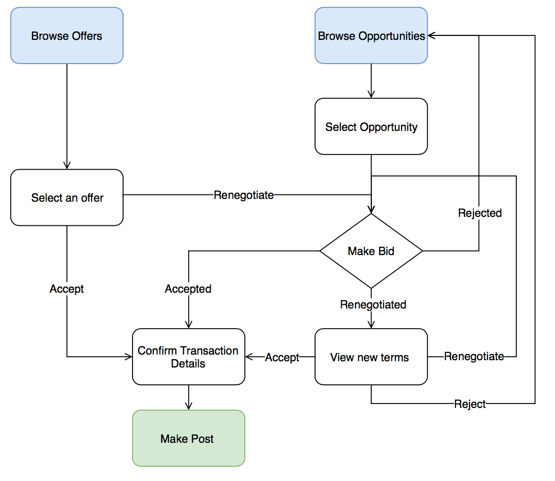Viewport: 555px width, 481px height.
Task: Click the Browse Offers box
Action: click(x=67, y=35)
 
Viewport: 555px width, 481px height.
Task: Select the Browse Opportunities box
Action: click(x=371, y=35)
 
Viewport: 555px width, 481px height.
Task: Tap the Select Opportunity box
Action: click(x=371, y=126)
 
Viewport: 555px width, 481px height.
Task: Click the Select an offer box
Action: click(x=67, y=197)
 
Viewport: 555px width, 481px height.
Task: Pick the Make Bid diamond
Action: click(x=371, y=251)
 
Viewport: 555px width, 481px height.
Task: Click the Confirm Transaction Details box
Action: click(x=188, y=357)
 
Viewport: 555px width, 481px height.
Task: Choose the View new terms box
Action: click(x=371, y=357)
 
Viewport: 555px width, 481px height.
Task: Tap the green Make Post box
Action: click(x=188, y=438)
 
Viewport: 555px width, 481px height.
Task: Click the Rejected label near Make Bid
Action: click(x=480, y=213)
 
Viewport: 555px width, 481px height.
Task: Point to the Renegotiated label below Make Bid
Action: click(x=373, y=305)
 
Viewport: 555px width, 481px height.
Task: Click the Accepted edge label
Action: click(x=188, y=289)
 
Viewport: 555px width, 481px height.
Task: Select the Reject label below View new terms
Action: click(x=470, y=404)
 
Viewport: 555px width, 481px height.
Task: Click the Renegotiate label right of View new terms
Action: click(x=474, y=356)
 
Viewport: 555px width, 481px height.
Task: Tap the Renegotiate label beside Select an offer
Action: click(x=244, y=195)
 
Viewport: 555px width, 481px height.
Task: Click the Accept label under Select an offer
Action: click(x=67, y=289)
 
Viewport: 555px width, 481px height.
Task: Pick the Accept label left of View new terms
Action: click(x=282, y=357)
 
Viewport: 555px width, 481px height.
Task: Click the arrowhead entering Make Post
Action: click(x=188, y=406)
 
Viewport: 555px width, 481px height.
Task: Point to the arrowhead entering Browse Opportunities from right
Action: click(x=431, y=35)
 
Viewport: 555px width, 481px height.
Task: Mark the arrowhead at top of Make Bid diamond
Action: click(x=371, y=210)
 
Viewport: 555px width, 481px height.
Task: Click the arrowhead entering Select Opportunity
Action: click(x=371, y=94)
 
